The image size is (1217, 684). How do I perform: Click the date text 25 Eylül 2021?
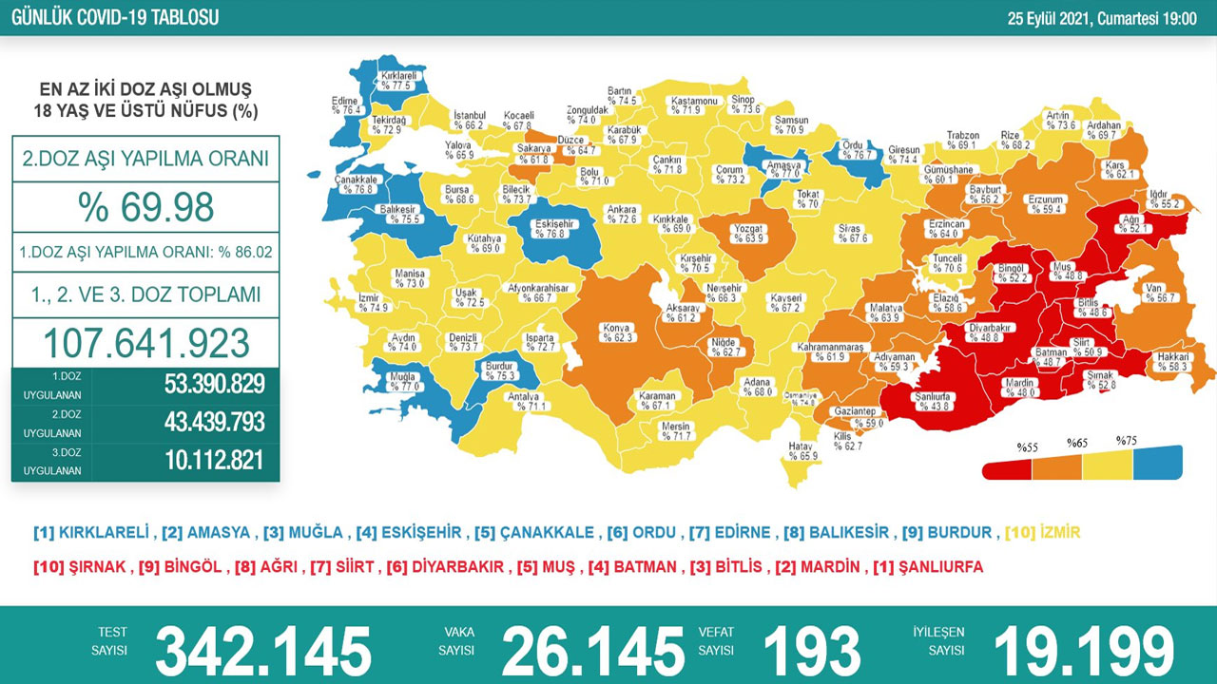(1052, 17)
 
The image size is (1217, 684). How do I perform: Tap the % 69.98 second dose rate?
(145, 206)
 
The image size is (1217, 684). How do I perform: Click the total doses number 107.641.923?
(145, 343)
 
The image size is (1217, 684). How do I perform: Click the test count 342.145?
(263, 652)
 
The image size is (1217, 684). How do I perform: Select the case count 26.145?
(592, 652)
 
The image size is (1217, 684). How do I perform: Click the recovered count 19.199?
(1084, 652)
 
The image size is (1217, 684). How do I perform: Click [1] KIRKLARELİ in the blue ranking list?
(91, 533)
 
